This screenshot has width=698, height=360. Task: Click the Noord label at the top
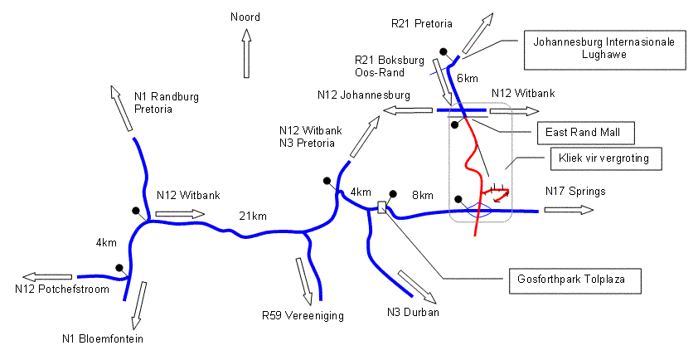[245, 17]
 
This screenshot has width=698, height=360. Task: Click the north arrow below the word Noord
[246, 53]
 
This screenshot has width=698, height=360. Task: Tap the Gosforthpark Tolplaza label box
[575, 280]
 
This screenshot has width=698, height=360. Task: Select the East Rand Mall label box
[586, 133]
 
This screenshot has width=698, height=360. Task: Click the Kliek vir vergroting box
[606, 158]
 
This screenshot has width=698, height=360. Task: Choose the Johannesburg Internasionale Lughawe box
[604, 50]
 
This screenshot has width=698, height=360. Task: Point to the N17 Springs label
[575, 191]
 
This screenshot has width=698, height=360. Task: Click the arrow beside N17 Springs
[569, 209]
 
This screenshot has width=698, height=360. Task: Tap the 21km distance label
[253, 216]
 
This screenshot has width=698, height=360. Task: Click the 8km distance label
[423, 195]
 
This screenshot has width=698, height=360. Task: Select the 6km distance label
[468, 79]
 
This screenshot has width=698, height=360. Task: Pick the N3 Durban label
[413, 312]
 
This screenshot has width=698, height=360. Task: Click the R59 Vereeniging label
[303, 316]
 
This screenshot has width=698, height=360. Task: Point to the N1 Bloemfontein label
[103, 338]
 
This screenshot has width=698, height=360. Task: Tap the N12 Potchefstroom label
[62, 289]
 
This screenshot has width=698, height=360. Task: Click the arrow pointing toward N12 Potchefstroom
[47, 277]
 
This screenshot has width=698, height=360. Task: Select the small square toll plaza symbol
[381, 207]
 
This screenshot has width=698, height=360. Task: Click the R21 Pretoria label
[422, 23]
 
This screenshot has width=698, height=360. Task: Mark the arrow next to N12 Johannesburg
[408, 110]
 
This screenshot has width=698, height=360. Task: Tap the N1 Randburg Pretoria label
[167, 103]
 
